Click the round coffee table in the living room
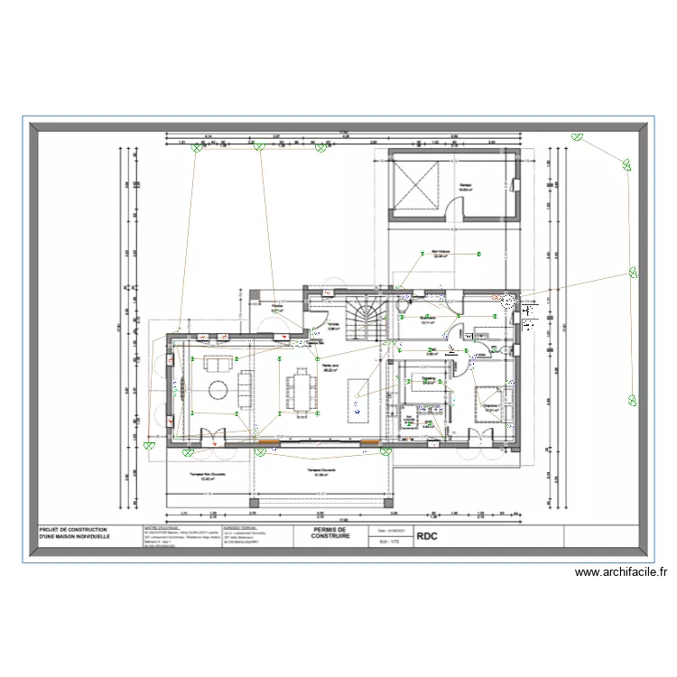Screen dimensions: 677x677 coord(218,390)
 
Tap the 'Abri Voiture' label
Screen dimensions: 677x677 coord(441,255)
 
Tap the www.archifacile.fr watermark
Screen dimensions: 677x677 coord(620,571)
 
